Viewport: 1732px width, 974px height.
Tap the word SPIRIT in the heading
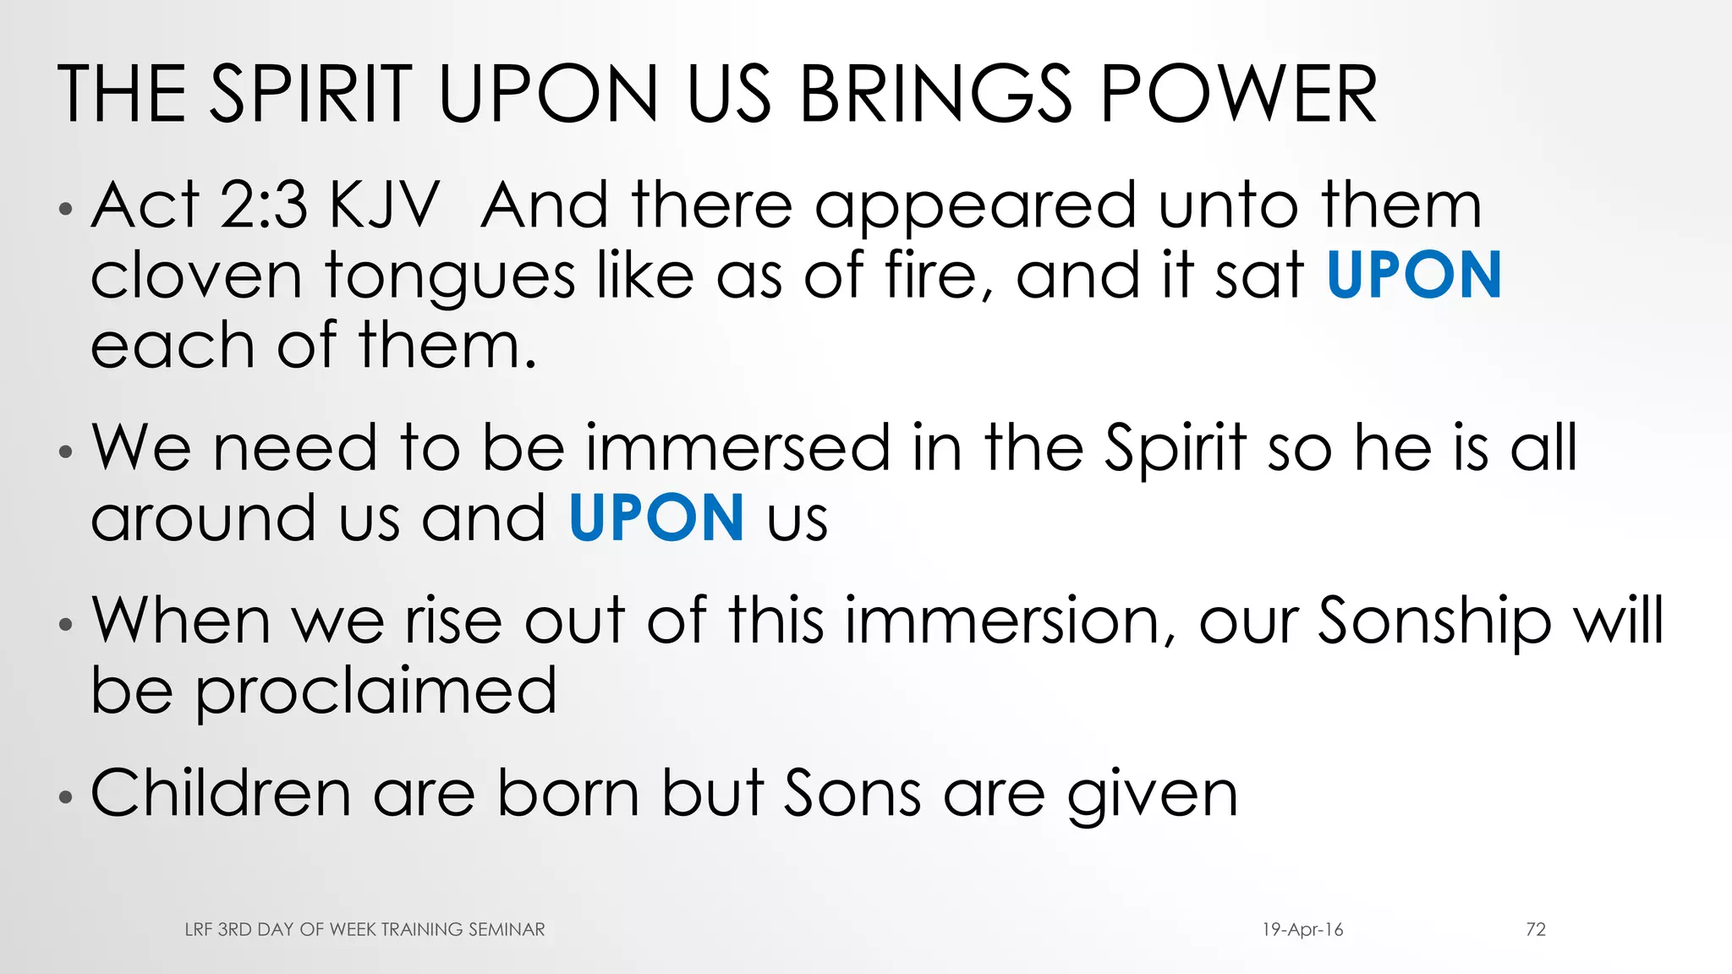310,94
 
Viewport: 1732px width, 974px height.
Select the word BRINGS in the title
935,94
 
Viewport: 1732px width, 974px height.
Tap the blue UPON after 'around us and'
656,518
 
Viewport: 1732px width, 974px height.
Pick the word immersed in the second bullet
737,448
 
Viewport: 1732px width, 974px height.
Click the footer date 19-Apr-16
1302,929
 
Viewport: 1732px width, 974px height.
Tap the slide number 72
1536,929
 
